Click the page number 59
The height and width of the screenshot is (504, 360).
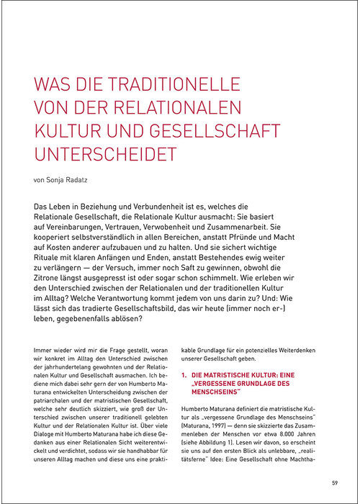coord(335,482)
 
